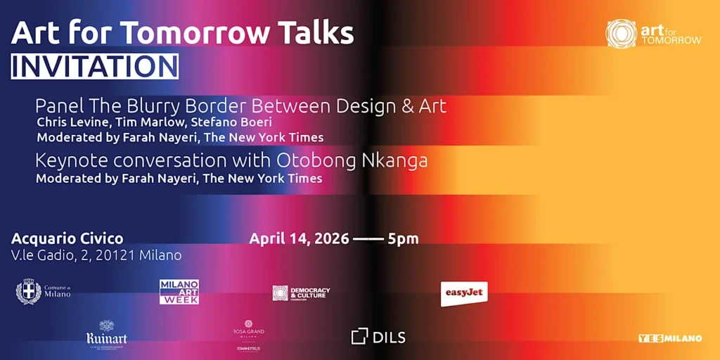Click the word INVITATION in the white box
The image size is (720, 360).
[x=95, y=66]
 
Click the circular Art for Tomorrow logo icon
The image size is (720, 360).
[x=621, y=33]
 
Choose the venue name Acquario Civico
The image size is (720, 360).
[x=67, y=238]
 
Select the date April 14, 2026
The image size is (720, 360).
[x=300, y=238]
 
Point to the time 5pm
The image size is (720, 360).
[x=403, y=238]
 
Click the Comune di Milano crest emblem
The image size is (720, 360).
[x=28, y=291]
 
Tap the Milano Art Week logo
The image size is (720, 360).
[x=179, y=292]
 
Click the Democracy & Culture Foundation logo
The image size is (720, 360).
[x=301, y=292]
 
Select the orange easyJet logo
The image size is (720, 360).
[x=464, y=292]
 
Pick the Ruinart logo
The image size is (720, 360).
[x=106, y=334]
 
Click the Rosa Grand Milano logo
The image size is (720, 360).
[x=249, y=329]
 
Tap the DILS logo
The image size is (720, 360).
[x=378, y=337]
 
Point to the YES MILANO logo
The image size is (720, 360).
[x=670, y=338]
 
